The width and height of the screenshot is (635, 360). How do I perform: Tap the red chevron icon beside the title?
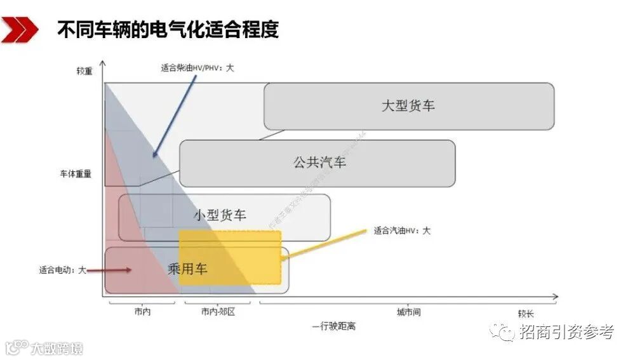point(18,30)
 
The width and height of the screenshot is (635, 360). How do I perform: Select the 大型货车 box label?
point(408,105)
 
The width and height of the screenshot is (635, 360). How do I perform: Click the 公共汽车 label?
point(319,163)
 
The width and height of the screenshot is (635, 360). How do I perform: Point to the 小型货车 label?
point(220,215)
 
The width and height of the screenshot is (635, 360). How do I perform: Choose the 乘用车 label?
point(187,269)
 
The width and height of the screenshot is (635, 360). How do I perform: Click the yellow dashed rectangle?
point(230,257)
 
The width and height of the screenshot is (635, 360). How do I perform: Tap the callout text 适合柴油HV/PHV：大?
point(197,67)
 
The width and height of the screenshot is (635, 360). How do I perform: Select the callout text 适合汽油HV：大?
point(403,230)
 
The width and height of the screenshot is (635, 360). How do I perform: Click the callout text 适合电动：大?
point(62,270)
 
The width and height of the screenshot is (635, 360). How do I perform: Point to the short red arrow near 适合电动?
point(109,270)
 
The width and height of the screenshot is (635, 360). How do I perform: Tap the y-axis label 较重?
point(84,70)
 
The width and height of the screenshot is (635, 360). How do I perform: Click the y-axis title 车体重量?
point(76,173)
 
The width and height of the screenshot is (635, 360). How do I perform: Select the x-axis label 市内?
point(143,312)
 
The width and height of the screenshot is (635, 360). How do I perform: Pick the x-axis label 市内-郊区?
point(218,312)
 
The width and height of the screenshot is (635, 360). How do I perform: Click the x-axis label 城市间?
point(409,312)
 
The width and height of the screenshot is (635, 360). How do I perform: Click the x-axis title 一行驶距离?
point(334,326)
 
